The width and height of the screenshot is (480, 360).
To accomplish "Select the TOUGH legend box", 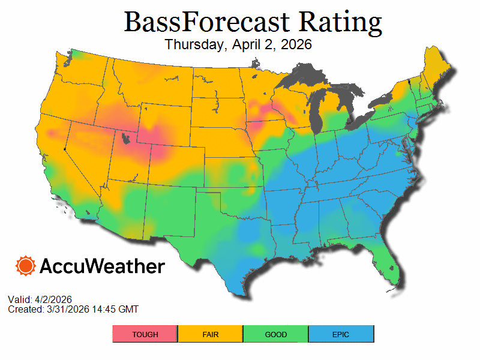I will click(145, 334).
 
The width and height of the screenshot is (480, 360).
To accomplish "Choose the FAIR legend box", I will click(210, 334).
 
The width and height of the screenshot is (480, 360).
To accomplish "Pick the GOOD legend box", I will click(275, 334).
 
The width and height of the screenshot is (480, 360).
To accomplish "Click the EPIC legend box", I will click(341, 334).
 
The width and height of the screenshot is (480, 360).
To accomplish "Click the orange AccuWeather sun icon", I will click(26, 266).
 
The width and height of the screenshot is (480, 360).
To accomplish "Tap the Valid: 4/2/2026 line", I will click(40, 299).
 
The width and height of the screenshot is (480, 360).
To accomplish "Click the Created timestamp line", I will click(73, 309).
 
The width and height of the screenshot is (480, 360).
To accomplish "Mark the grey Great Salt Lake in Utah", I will click(125, 139).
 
